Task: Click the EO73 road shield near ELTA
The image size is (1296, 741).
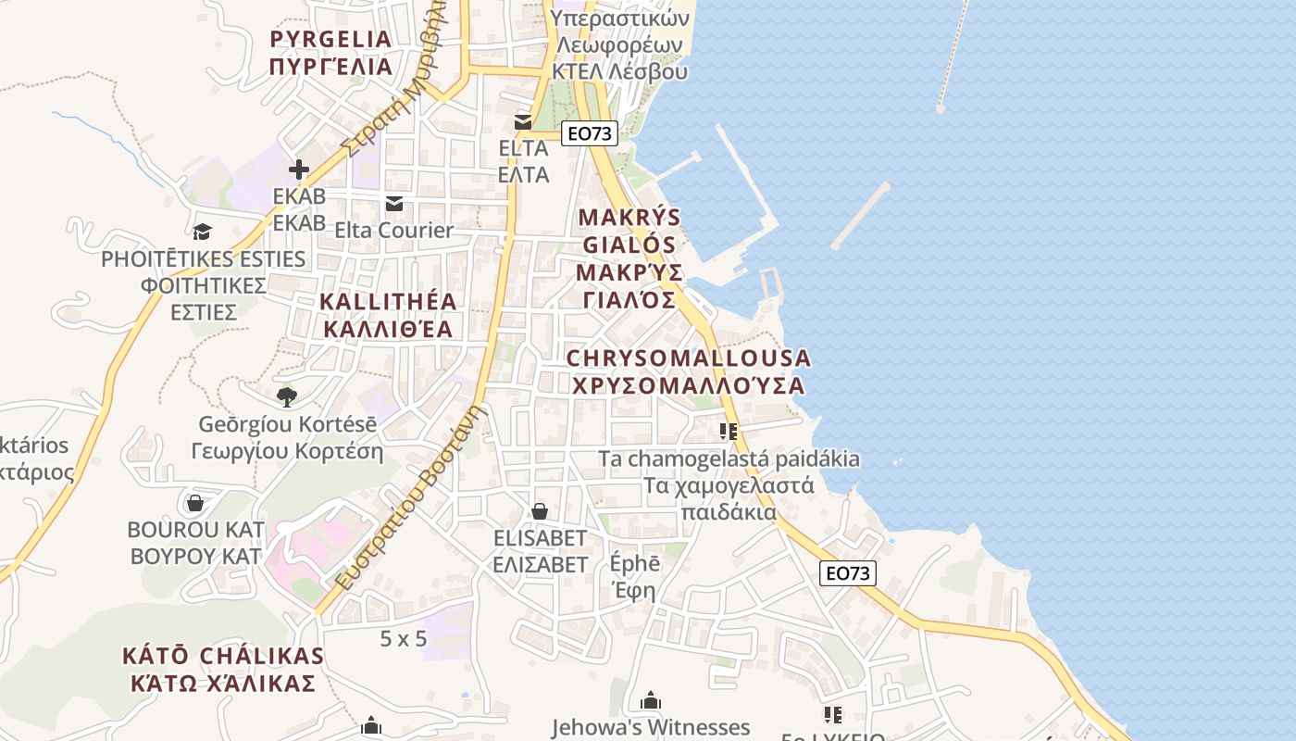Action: [x=590, y=133]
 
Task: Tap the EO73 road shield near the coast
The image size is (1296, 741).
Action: [x=848, y=573]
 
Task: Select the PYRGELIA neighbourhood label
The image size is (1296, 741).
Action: [x=330, y=53]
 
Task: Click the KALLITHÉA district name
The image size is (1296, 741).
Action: [x=389, y=315]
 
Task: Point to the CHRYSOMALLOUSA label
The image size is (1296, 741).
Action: [x=688, y=370]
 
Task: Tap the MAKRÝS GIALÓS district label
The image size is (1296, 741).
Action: [x=629, y=258]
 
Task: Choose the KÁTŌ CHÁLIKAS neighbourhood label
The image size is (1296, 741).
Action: [x=223, y=670]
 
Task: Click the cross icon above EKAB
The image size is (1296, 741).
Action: [x=298, y=170]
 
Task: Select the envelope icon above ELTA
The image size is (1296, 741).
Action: [x=523, y=122]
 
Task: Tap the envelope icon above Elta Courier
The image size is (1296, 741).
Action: [x=394, y=204]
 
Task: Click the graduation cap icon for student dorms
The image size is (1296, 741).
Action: [x=203, y=232]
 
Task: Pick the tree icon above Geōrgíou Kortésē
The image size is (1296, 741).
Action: [x=287, y=397]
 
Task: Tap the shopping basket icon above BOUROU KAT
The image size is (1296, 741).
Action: [x=195, y=503]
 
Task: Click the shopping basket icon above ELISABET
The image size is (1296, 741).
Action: [x=540, y=511]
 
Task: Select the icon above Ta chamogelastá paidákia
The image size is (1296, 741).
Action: [x=729, y=431]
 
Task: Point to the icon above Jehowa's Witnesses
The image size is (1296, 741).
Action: [x=651, y=700]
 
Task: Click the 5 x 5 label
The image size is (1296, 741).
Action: [x=404, y=638]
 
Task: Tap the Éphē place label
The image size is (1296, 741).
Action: [x=635, y=576]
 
